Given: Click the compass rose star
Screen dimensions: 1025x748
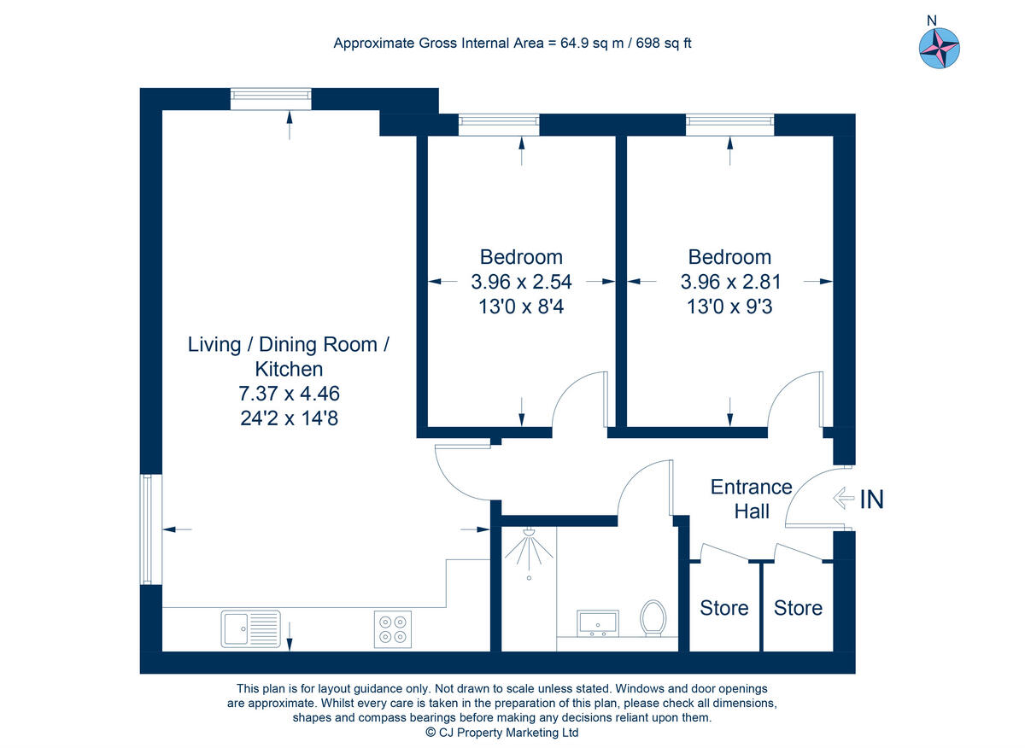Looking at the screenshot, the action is click(939, 48).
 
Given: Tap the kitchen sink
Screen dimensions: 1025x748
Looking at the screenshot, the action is click(251, 629).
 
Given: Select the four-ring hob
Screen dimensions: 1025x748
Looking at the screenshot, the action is click(393, 629).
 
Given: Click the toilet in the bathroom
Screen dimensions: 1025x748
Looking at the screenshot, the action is click(653, 618).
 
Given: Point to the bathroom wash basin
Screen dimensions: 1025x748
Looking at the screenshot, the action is click(598, 623).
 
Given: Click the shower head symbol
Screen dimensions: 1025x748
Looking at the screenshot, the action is click(529, 553).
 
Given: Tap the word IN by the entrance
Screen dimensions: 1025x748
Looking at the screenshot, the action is click(872, 500).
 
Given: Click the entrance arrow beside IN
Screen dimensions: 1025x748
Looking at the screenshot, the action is click(843, 499).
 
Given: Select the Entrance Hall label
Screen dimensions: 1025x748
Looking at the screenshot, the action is click(752, 500).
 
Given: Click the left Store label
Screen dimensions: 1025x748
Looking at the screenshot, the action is click(724, 608).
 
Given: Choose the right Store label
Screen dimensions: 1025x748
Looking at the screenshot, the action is click(798, 608).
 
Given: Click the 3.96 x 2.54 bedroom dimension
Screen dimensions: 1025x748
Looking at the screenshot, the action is click(521, 282).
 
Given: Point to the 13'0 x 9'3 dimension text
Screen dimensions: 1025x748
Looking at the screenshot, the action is click(729, 307).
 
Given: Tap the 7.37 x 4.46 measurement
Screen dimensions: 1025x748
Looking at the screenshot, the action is click(289, 394).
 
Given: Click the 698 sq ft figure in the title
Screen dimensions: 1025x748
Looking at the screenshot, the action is click(664, 43).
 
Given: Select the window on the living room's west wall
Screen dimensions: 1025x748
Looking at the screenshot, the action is click(146, 529).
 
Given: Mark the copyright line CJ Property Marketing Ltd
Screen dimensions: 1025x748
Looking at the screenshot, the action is click(502, 733).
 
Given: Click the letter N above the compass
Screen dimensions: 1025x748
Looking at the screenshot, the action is click(932, 20).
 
